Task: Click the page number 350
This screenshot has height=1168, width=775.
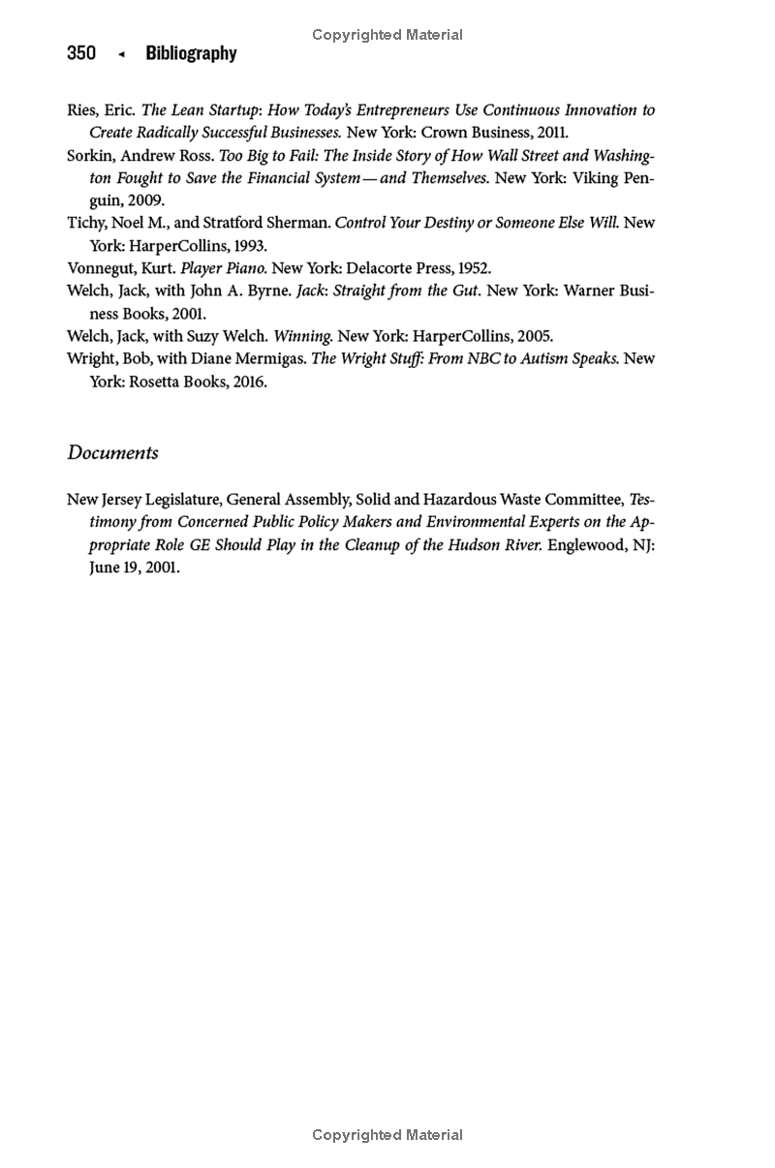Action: point(81,54)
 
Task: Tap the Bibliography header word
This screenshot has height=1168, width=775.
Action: point(191,54)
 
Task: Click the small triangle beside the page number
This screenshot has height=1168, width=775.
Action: point(121,55)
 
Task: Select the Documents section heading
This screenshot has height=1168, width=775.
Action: point(112,453)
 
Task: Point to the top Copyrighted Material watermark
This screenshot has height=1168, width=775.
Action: point(387,35)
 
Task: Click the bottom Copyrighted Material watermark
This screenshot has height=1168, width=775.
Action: point(387,1135)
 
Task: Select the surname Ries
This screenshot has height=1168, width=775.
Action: point(80,110)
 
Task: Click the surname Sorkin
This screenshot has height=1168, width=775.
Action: point(90,156)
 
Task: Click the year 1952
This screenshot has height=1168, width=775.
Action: point(475,268)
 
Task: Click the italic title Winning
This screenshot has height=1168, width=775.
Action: point(303,337)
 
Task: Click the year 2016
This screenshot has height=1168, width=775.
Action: point(250,382)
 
